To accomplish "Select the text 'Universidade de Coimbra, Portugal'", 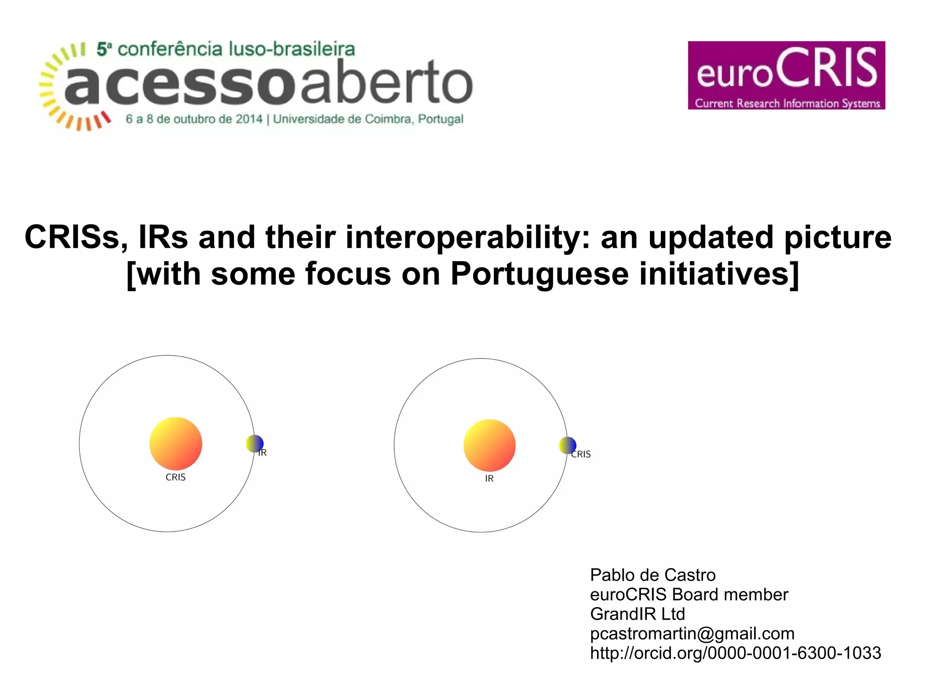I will point(368,119).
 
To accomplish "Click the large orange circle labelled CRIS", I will point(176,443).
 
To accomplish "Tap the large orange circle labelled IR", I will point(489,445).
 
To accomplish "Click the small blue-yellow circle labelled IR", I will point(255,444).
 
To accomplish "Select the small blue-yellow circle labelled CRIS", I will point(568,446).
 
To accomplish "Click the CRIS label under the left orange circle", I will point(176,477).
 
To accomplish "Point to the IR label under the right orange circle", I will point(489,479).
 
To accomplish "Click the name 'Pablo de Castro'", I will point(653,575).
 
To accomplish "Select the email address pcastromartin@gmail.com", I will point(692,633).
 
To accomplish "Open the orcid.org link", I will point(736,653).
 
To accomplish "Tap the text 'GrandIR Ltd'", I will point(637,614).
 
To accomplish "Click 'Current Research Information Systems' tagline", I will point(787,103).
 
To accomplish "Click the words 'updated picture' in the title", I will point(769,237).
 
